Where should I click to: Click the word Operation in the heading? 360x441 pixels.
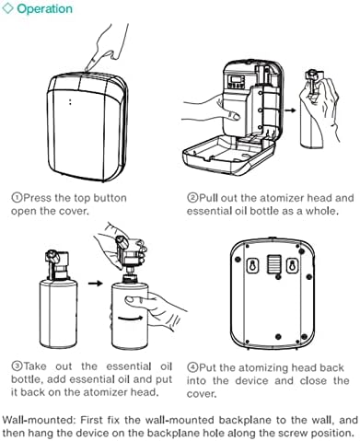point(45,8)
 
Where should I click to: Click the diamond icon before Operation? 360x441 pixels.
point(7,8)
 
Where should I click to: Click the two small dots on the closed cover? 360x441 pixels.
point(70,101)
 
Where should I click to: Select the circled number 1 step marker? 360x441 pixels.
point(17,197)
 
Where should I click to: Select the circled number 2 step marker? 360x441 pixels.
point(192,197)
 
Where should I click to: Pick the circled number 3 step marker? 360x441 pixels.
point(17,366)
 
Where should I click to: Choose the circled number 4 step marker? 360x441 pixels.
point(192,367)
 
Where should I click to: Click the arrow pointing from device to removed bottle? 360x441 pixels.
point(290,110)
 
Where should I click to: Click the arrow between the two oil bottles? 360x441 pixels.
point(95,283)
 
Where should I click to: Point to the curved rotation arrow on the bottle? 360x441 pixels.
point(131,319)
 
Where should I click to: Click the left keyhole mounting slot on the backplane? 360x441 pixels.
point(253,265)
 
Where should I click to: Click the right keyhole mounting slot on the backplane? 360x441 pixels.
point(292,265)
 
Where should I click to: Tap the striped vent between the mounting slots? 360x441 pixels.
point(273,264)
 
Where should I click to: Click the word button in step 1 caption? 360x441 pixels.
point(110,198)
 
